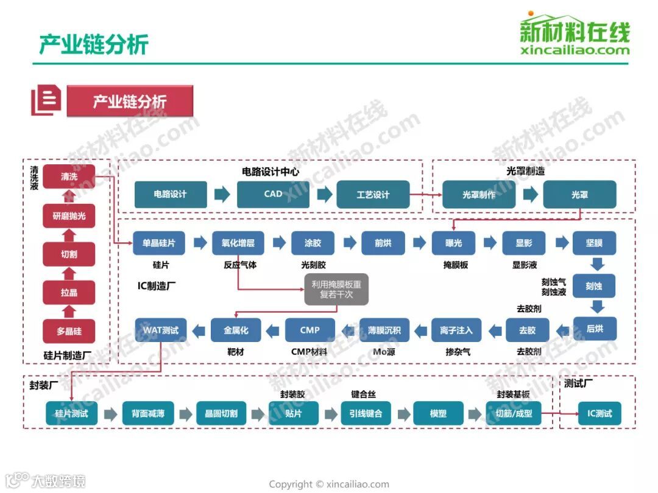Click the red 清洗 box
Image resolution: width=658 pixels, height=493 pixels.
[x=69, y=177]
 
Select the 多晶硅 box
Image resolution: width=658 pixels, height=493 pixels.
[x=69, y=331]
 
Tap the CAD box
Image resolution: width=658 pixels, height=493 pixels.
[x=273, y=194]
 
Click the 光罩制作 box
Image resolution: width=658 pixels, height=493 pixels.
[x=478, y=195]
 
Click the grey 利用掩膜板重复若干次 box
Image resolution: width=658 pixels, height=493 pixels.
[x=336, y=289]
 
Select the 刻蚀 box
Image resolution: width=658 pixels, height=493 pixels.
[x=594, y=285]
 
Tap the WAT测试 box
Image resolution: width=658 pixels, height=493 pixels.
[x=161, y=330]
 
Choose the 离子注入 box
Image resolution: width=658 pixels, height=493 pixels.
[x=456, y=330]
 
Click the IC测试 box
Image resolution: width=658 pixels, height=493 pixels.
[x=599, y=414]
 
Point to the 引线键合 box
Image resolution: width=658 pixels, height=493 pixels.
[x=366, y=414]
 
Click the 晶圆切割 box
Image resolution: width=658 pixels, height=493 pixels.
[x=221, y=414]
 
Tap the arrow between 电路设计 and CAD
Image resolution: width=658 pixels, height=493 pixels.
[x=222, y=195]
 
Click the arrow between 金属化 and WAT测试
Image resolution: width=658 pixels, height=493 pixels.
[x=199, y=330]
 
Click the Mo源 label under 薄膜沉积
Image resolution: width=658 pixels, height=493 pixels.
[x=384, y=352]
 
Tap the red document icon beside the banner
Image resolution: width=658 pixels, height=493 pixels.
[x=46, y=101]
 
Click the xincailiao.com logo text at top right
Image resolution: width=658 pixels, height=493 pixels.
[x=575, y=51]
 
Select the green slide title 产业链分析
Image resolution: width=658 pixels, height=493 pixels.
[x=94, y=44]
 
